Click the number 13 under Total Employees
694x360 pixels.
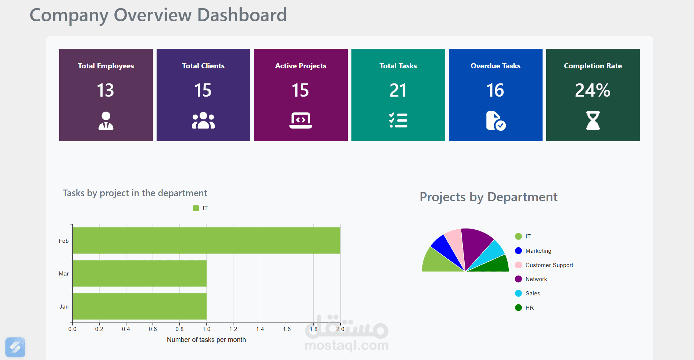pyautogui.click(x=105, y=90)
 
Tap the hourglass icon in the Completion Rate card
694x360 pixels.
pyautogui.click(x=593, y=120)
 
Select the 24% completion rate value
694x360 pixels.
pyautogui.click(x=593, y=90)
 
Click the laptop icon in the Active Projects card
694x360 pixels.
pyautogui.click(x=301, y=120)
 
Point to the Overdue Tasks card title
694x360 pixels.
pyautogui.click(x=495, y=66)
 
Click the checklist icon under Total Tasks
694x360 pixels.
pyautogui.click(x=398, y=120)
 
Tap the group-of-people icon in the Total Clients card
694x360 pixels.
pyautogui.click(x=203, y=120)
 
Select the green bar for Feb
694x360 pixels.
pyautogui.click(x=206, y=241)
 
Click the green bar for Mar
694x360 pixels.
pyautogui.click(x=140, y=273)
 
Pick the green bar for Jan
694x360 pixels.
pyautogui.click(x=140, y=306)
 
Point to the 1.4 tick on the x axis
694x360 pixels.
pyautogui.click(x=260, y=329)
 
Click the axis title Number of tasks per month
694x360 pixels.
pyautogui.click(x=206, y=340)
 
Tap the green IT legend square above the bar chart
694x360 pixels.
pyautogui.click(x=196, y=208)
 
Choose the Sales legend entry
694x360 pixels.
pyautogui.click(x=532, y=293)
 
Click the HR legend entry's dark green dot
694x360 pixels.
pyautogui.click(x=518, y=307)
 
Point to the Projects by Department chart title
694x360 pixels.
pyautogui.click(x=489, y=197)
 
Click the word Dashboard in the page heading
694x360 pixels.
pyautogui.click(x=242, y=15)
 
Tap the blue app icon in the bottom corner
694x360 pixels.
pyautogui.click(x=15, y=347)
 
